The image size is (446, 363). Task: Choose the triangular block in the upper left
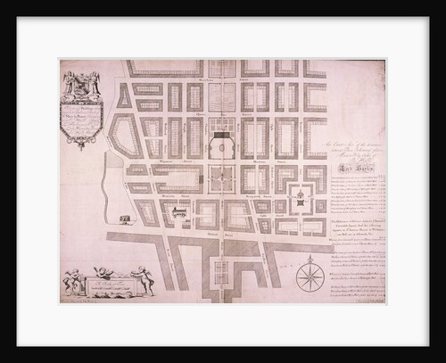(x=124, y=95)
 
